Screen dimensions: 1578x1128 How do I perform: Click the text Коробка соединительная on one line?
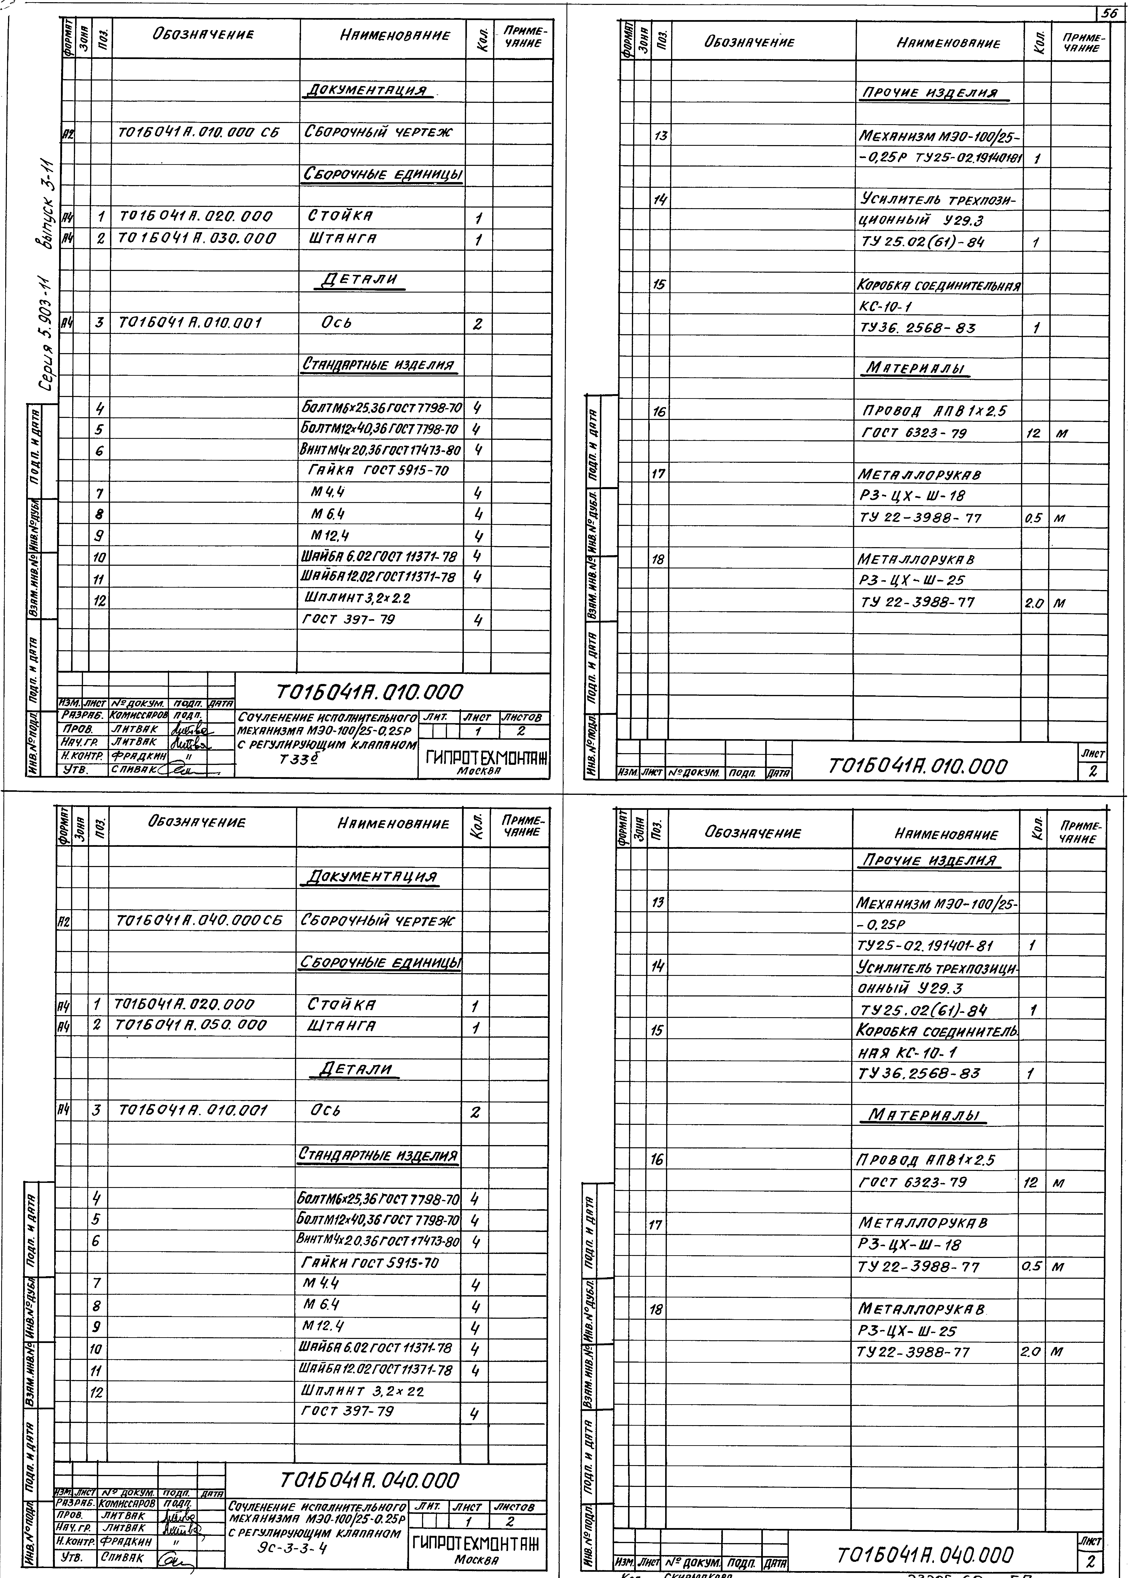(x=939, y=285)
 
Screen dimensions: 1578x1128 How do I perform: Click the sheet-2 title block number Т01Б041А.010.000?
(x=918, y=766)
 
